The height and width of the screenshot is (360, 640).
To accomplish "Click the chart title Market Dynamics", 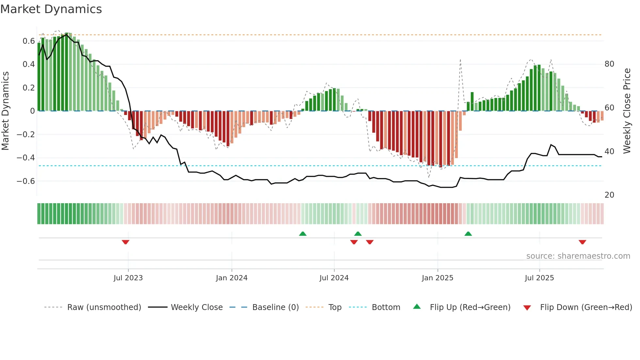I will tap(51, 9).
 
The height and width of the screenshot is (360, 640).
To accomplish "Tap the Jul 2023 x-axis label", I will tap(128, 278).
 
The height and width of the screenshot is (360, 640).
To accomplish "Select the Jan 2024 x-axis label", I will tap(232, 278).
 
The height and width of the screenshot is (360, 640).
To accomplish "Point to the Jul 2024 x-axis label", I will tap(334, 278).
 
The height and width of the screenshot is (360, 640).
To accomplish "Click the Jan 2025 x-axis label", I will tap(437, 278).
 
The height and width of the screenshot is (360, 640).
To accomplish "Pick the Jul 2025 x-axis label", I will tap(539, 278).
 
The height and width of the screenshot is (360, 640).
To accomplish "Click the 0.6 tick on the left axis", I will tap(29, 41).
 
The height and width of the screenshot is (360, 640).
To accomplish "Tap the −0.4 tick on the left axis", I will tap(26, 158).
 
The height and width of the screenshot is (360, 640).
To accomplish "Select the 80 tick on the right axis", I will tap(609, 64).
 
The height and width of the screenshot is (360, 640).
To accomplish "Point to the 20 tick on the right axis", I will tap(609, 195).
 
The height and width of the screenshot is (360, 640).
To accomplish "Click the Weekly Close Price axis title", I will tap(627, 111).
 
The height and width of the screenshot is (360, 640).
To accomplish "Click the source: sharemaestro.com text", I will tap(578, 256).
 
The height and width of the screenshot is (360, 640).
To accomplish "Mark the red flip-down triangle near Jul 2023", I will tap(125, 242).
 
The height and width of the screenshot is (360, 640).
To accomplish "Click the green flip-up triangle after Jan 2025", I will tap(468, 234).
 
